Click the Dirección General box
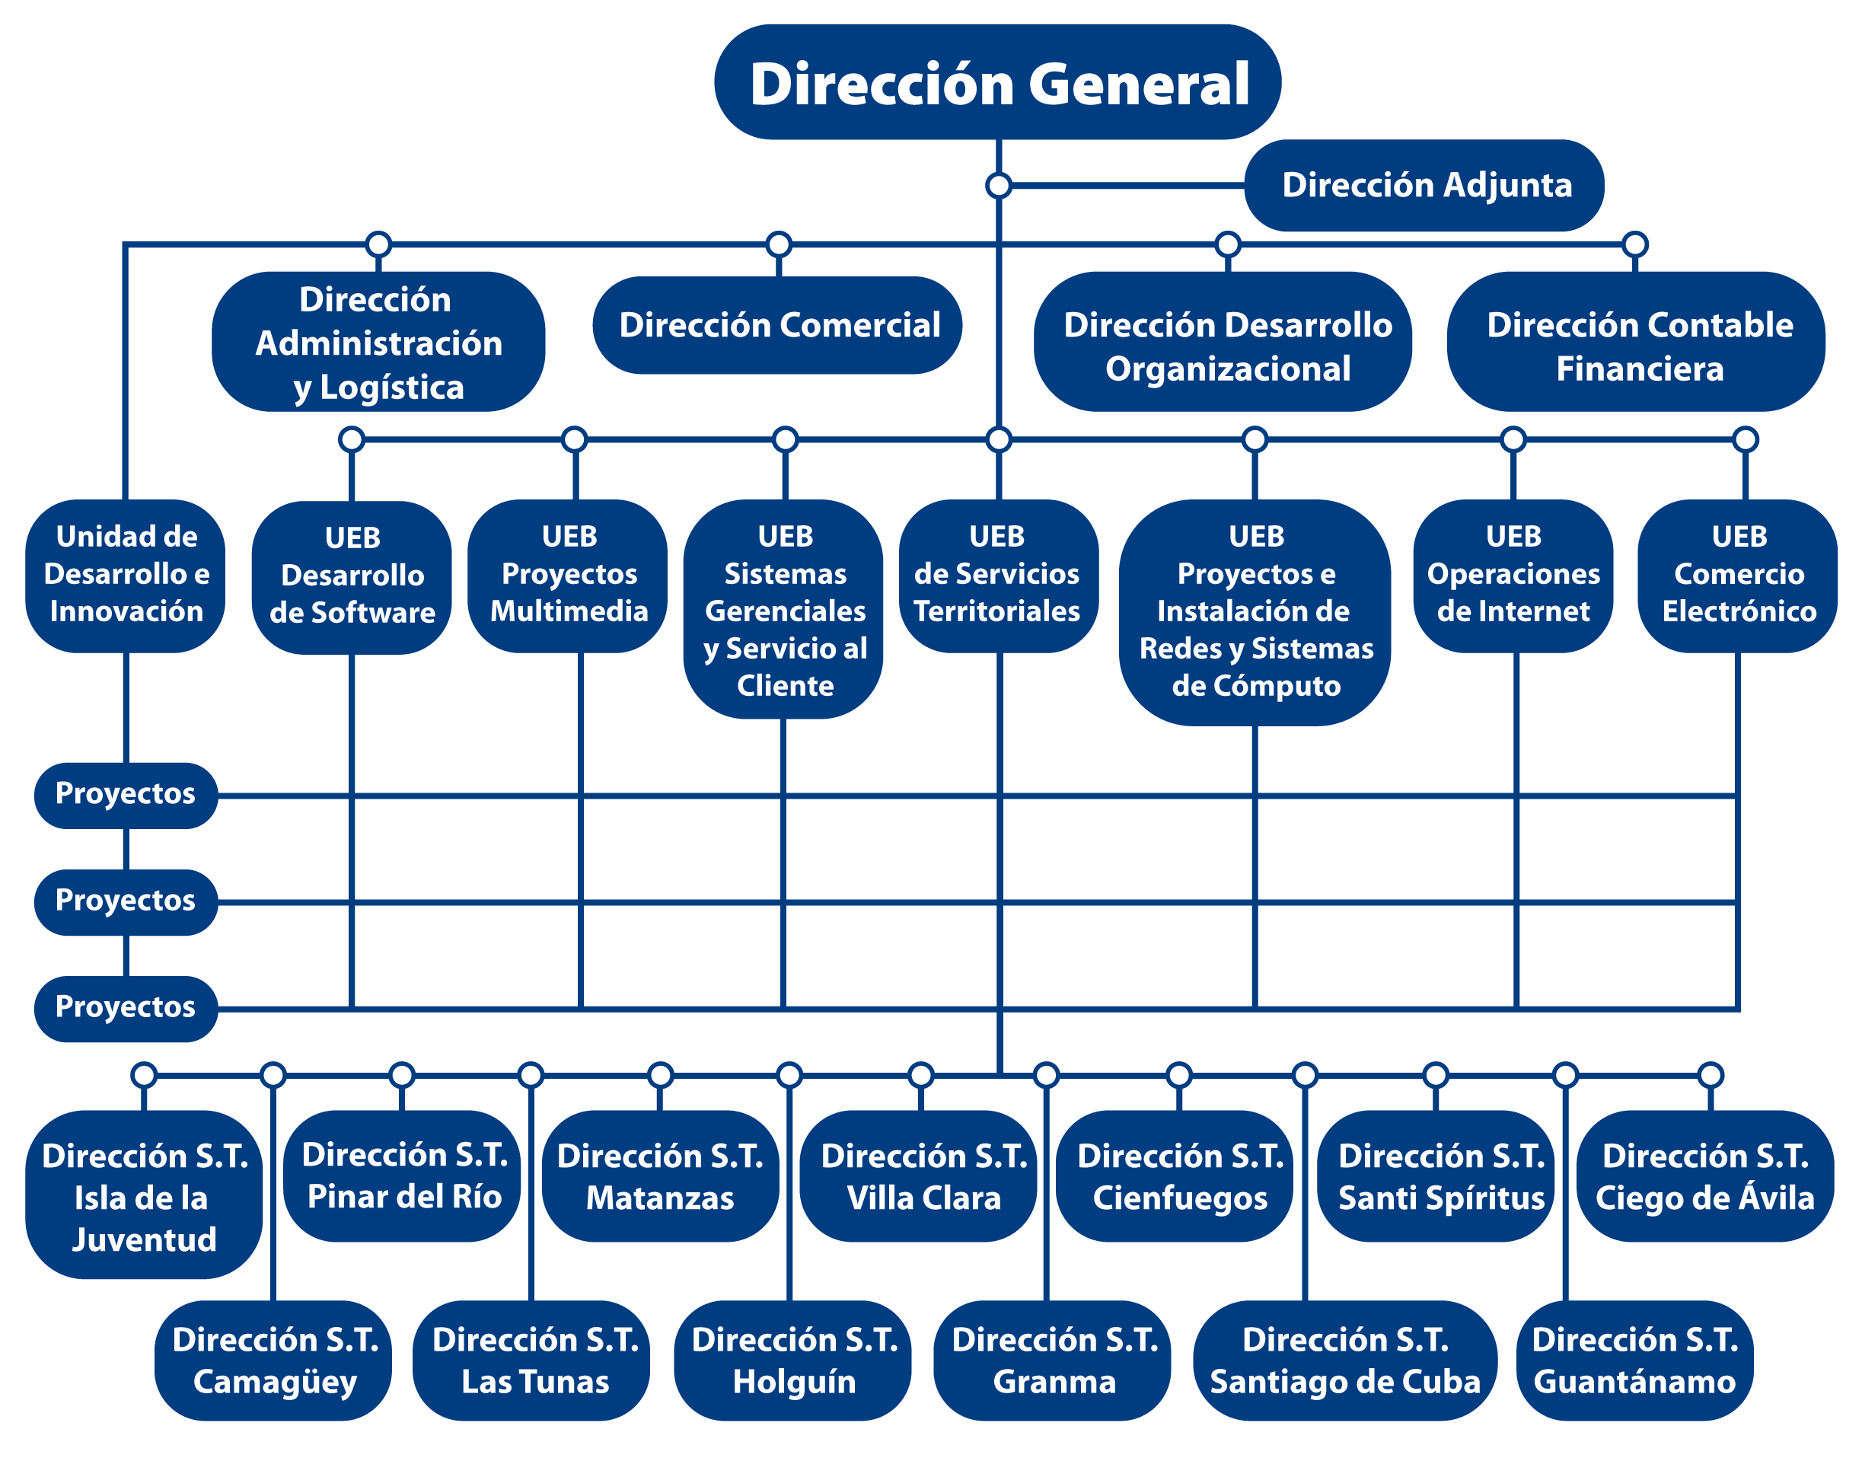(997, 83)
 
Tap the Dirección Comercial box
(777, 325)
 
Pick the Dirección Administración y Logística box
(378, 342)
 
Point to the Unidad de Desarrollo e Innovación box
(126, 575)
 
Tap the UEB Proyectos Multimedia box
(568, 575)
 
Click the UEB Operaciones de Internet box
(1513, 575)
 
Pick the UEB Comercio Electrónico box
(1737, 575)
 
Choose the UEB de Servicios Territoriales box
(997, 575)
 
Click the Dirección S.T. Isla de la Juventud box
(144, 1195)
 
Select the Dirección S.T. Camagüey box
(274, 1360)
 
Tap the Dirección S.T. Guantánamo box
(1634, 1360)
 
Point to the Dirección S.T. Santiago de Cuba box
(1344, 1360)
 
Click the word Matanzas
(659, 1198)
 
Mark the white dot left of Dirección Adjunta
(998, 186)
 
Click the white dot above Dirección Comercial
(778, 244)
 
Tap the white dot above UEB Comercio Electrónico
(1745, 439)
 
